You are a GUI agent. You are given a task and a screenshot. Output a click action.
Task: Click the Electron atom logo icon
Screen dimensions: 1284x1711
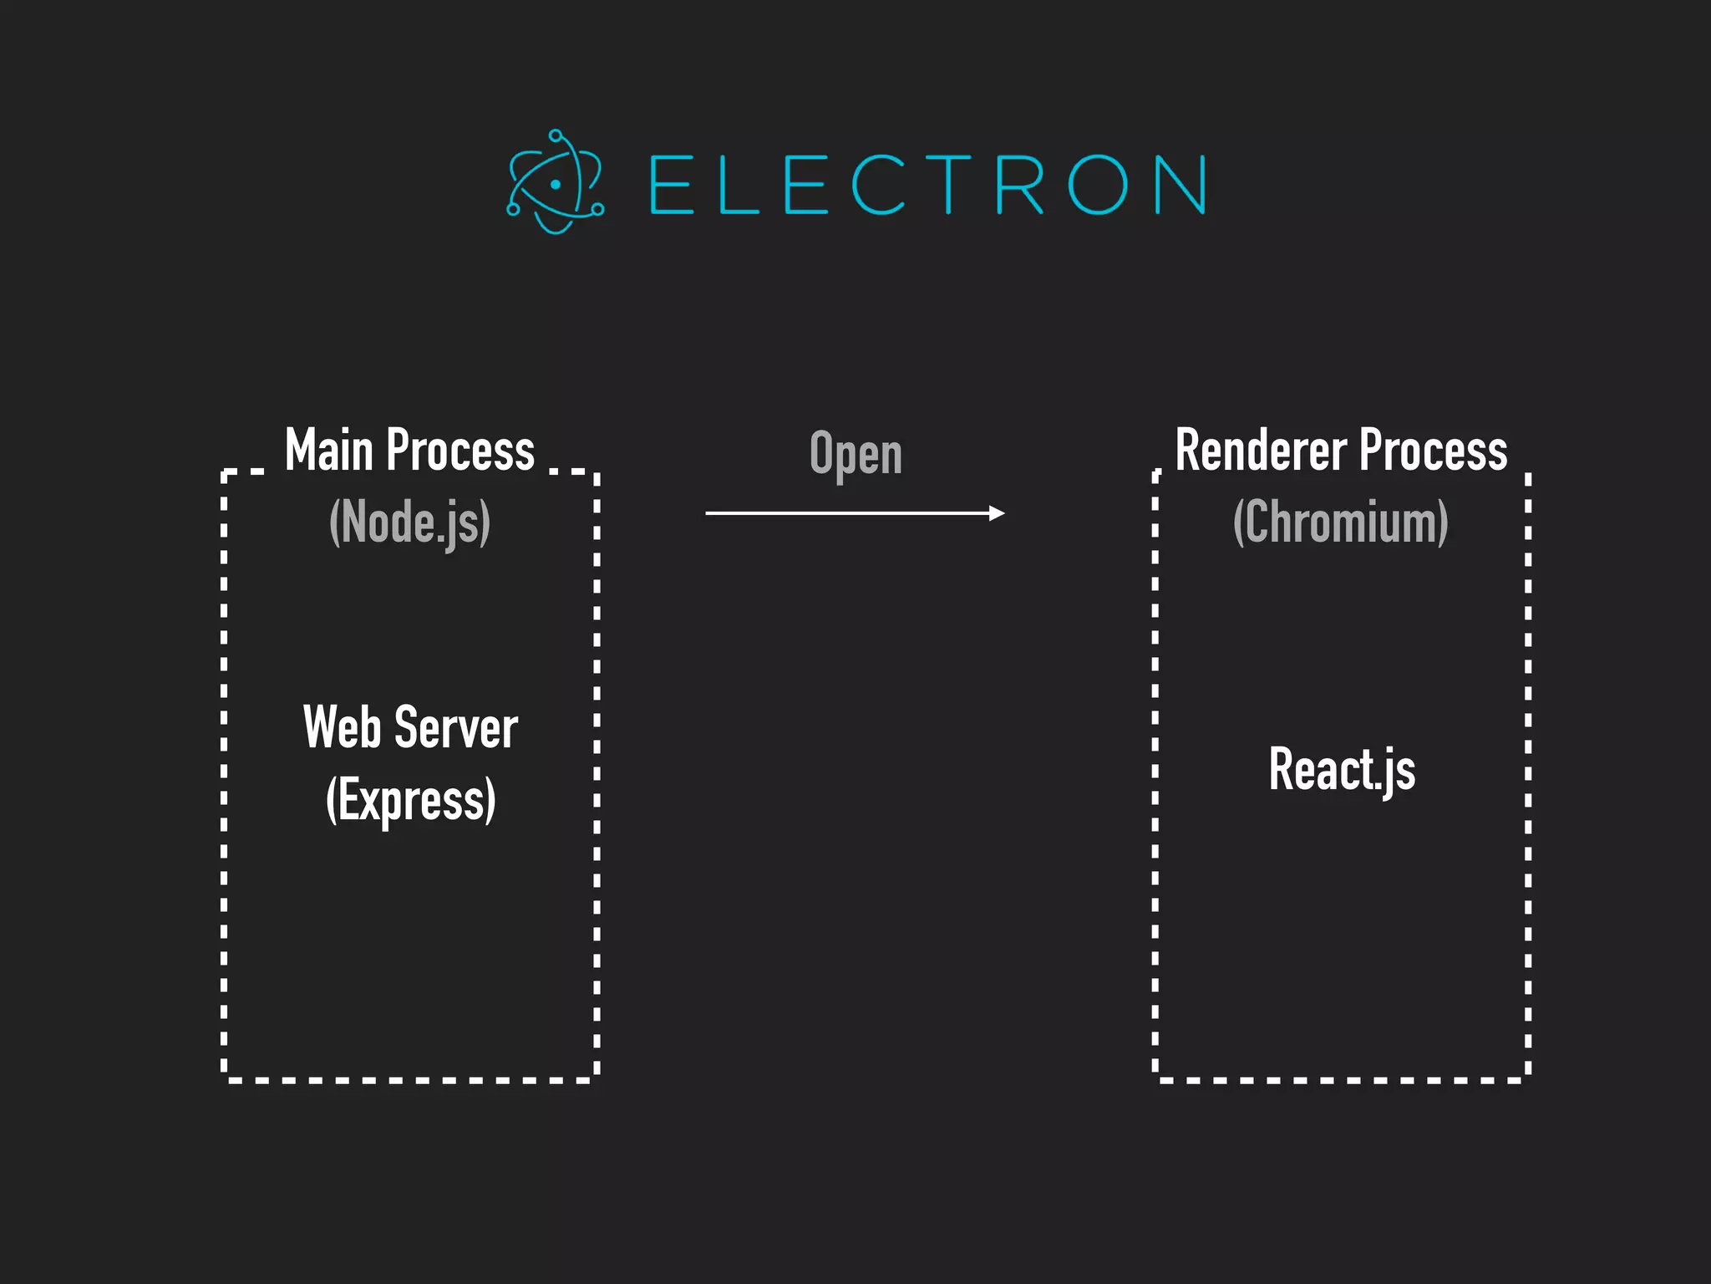click(555, 182)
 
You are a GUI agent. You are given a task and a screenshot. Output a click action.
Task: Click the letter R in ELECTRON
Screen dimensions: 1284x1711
click(1019, 185)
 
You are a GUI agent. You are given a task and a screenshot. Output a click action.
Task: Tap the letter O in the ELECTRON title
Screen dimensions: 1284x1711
click(1097, 185)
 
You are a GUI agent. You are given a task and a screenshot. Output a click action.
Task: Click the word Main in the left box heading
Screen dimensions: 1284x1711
click(328, 451)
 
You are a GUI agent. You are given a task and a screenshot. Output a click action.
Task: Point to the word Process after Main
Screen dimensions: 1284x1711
click(460, 451)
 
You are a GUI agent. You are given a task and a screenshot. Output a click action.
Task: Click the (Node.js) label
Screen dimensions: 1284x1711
click(409, 522)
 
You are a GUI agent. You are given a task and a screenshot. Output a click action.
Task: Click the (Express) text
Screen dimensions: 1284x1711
click(410, 800)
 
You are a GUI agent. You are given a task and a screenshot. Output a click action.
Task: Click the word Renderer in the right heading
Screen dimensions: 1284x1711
click(1261, 451)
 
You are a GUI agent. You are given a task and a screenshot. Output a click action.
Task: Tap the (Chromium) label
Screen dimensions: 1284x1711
click(1341, 522)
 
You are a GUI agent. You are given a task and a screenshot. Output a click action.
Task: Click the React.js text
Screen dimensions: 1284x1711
click(1342, 769)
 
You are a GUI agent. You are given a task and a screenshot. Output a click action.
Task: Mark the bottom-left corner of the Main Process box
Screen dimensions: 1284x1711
click(225, 1079)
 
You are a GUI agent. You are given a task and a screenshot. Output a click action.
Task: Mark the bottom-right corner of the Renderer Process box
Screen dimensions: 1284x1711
click(1527, 1079)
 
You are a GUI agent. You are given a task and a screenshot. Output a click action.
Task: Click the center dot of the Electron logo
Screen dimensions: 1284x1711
click(555, 184)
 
